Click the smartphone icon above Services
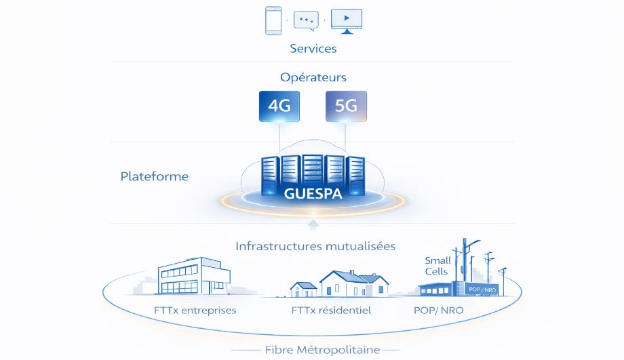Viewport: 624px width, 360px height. (x=273, y=21)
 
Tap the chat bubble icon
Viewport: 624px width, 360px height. (x=306, y=20)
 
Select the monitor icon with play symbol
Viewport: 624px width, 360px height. (x=346, y=21)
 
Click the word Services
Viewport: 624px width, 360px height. (x=313, y=49)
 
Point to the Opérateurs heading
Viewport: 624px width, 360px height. (x=313, y=77)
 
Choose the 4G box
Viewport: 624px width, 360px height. (x=279, y=106)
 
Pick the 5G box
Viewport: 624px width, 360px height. (x=346, y=106)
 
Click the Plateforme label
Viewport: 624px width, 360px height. (x=155, y=177)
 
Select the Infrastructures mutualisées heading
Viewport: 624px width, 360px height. (x=315, y=246)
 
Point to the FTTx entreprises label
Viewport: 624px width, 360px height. (x=195, y=311)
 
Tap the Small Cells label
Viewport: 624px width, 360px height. (x=437, y=266)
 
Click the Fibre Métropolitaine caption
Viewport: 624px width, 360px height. (x=312, y=350)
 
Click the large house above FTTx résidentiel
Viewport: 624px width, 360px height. (x=354, y=285)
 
